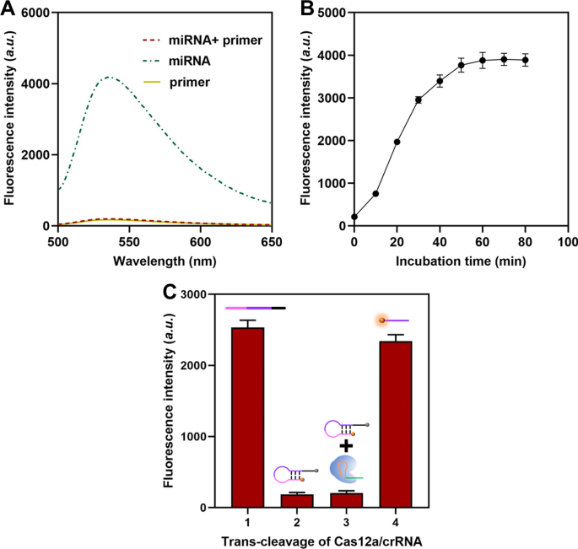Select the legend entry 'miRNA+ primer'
pos(199,41)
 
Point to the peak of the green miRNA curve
pos(108,78)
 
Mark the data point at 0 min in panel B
pos(354,217)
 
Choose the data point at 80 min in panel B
pos(525,60)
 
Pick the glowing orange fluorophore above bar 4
pos(381,320)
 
